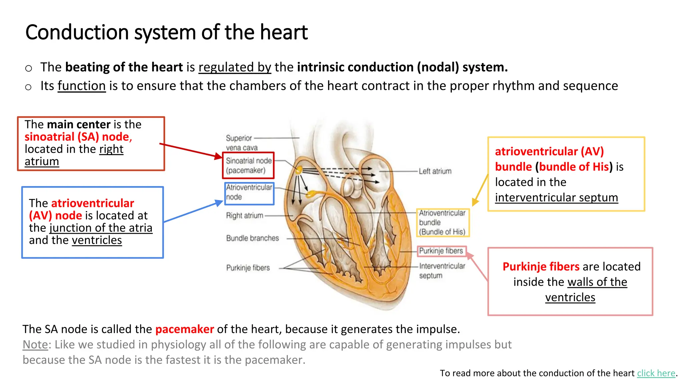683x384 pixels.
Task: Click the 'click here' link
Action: [x=656, y=373]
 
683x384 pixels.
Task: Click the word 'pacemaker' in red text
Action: [x=184, y=329]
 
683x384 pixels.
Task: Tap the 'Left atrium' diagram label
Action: [x=435, y=171]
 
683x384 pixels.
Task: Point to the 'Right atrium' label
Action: [x=244, y=216]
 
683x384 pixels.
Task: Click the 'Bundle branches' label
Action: [x=252, y=238]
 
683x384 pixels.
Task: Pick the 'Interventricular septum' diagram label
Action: [x=442, y=271]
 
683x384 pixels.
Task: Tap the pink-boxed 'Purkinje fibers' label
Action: [x=441, y=251]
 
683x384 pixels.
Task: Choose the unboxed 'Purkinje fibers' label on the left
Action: [x=248, y=268]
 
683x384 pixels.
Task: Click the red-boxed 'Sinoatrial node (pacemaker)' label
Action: [x=248, y=166]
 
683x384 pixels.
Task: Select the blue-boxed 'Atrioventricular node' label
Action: [x=249, y=192]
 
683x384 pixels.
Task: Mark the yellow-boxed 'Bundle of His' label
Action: [x=442, y=222]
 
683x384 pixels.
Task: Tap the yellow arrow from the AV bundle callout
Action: [x=480, y=190]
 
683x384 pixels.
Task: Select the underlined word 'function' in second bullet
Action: [x=81, y=86]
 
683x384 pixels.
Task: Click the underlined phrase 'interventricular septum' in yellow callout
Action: [x=556, y=198]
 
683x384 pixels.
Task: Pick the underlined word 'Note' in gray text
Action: [x=35, y=345]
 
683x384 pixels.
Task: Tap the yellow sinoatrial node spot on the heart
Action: [x=299, y=170]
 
